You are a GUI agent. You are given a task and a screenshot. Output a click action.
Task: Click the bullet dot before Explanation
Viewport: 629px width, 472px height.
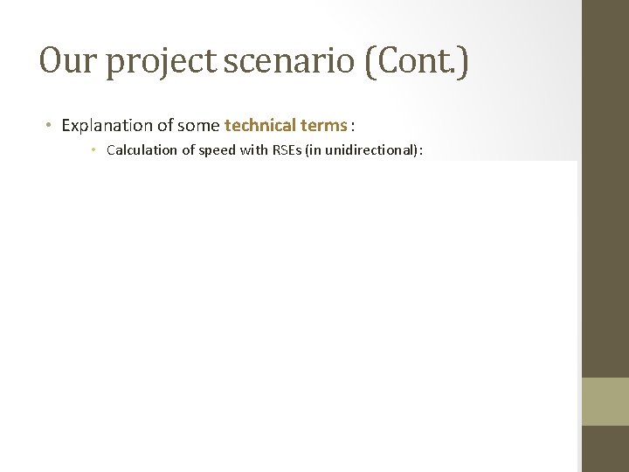pyautogui.click(x=49, y=125)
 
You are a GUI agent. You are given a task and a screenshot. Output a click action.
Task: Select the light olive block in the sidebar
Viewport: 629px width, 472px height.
pyautogui.click(x=605, y=400)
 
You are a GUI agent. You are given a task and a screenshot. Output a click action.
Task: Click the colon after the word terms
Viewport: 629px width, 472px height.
pyautogui.click(x=352, y=125)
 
